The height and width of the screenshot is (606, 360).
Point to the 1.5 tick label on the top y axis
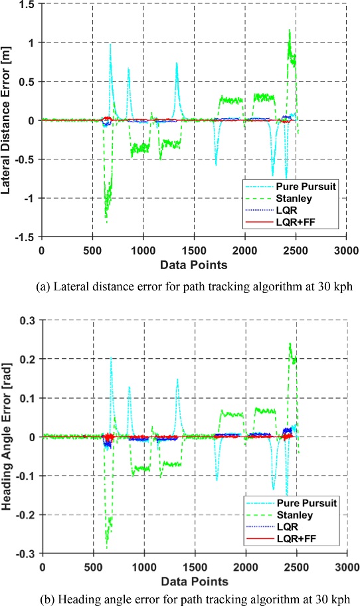[x=27, y=4]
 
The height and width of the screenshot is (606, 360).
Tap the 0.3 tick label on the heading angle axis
[x=27, y=320]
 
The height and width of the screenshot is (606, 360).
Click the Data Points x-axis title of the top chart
[x=193, y=265]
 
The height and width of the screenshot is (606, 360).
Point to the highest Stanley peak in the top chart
[x=289, y=30]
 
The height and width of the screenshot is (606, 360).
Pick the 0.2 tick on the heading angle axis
[x=27, y=359]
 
